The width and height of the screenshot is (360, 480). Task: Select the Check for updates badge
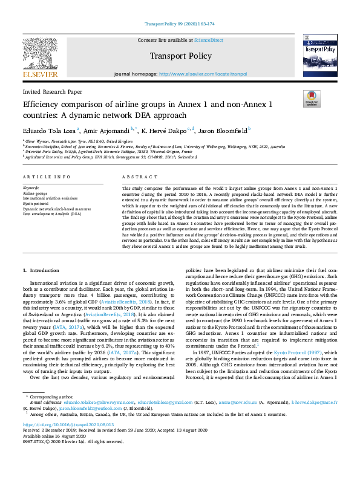[311, 99]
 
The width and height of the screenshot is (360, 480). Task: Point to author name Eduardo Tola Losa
[49, 129]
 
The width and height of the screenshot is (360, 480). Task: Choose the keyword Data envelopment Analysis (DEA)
[51, 213]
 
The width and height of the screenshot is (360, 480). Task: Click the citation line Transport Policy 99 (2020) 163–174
[180, 24]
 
